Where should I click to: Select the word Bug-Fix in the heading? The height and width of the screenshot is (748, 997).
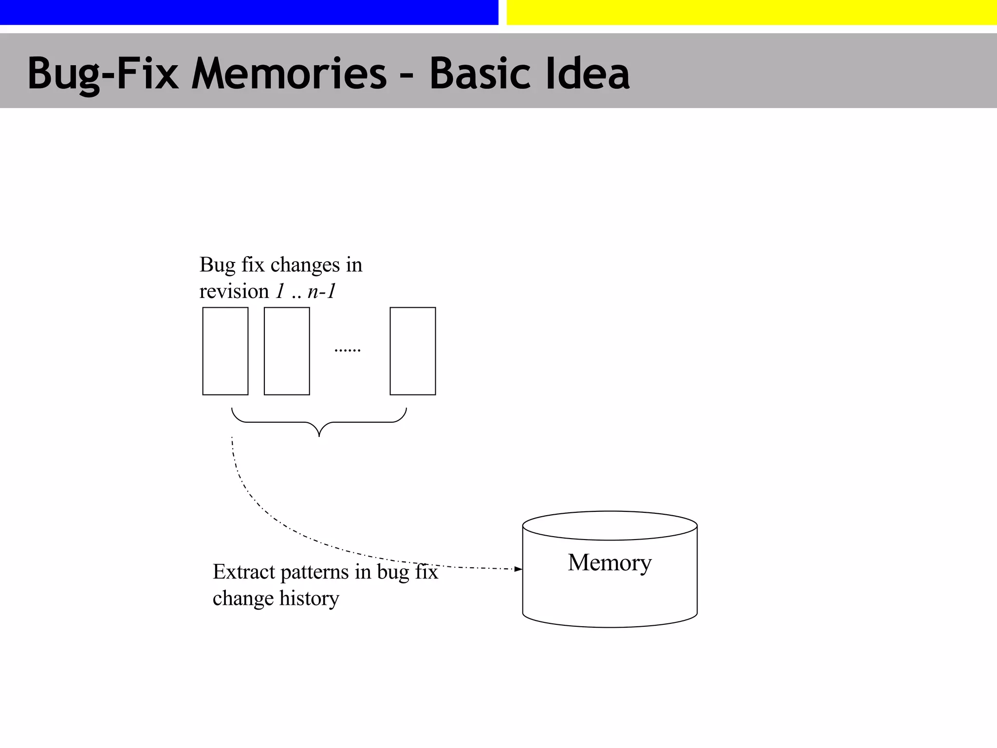point(103,74)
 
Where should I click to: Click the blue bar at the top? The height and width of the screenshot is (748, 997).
point(249,12)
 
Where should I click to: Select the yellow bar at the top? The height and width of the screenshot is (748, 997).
point(751,12)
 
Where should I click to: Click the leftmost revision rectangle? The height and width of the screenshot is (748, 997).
point(225,351)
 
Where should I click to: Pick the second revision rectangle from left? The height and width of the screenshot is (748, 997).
point(287,351)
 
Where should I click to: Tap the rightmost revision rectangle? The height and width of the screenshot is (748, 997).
point(413,351)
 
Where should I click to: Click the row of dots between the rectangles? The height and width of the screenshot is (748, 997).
point(348,350)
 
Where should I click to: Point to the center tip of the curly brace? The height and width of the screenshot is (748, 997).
point(319,435)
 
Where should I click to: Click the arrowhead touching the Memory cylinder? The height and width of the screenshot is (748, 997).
point(518,569)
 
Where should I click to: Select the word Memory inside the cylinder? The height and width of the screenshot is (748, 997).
point(609,562)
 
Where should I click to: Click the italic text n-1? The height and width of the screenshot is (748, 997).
point(322,291)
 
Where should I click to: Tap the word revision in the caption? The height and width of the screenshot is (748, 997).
point(234,292)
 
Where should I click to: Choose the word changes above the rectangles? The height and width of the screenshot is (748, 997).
point(305,265)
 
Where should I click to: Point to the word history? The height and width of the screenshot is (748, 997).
point(309,598)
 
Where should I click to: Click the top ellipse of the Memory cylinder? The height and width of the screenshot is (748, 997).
point(609,525)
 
